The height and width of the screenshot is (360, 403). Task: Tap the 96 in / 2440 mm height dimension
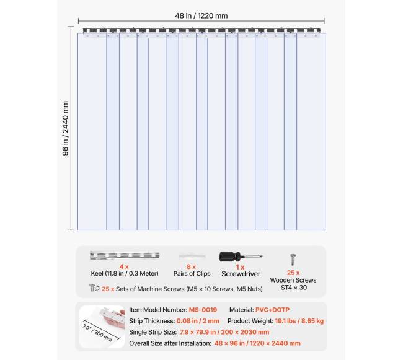66,128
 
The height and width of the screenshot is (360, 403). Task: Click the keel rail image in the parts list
124,255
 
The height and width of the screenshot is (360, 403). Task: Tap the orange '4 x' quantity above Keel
123,266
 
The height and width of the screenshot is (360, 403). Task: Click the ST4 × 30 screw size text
293,288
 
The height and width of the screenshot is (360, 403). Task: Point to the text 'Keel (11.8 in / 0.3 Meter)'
124,274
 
